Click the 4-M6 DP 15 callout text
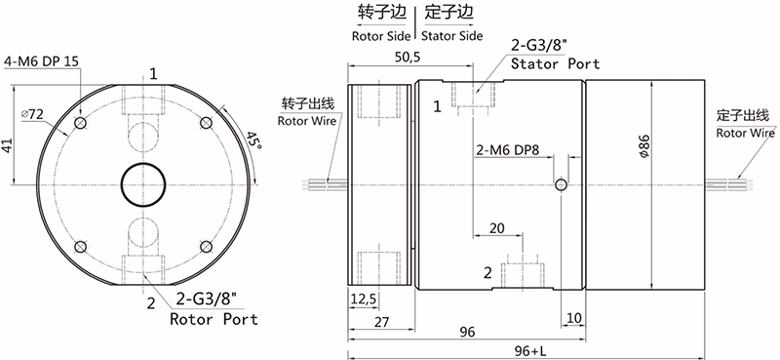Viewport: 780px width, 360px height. (x=41, y=61)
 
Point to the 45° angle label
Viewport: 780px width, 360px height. (x=253, y=142)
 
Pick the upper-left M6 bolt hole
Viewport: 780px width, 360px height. (x=81, y=123)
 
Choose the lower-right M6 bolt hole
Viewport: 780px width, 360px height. (x=206, y=246)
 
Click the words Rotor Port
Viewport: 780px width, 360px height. (x=214, y=319)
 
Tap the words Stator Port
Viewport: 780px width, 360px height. (x=556, y=64)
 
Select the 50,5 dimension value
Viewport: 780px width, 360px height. (x=407, y=58)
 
